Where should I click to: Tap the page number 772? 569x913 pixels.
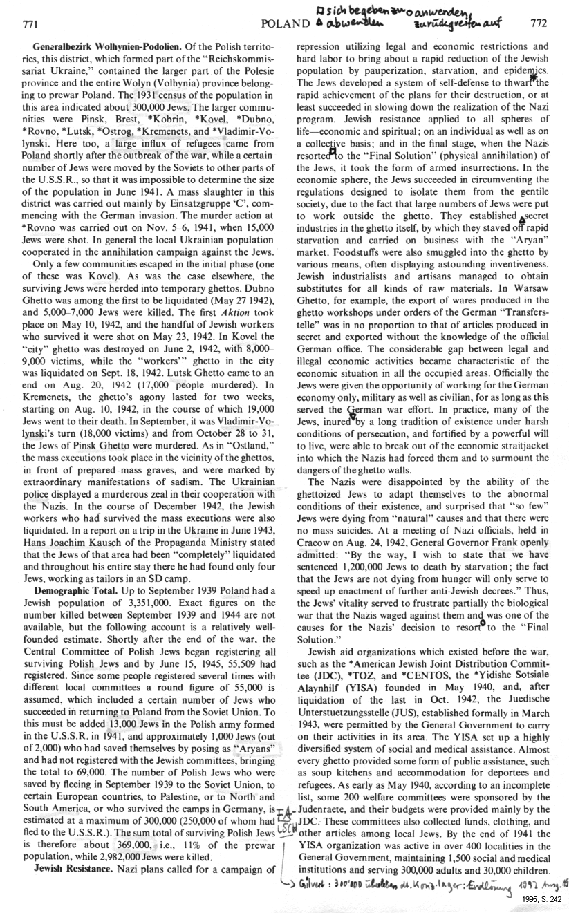(x=538, y=22)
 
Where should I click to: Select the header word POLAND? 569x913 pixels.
(x=283, y=23)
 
